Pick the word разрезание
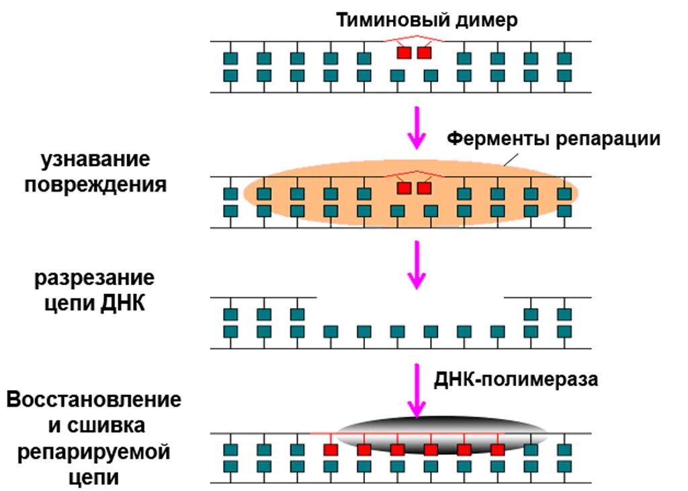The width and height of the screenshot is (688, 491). point(95,278)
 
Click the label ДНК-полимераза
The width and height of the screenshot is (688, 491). point(515,379)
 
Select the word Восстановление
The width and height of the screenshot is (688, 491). point(94,400)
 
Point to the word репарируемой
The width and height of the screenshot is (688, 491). point(94,452)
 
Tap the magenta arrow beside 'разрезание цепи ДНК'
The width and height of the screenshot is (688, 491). point(417,264)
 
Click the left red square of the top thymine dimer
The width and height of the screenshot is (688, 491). point(404,52)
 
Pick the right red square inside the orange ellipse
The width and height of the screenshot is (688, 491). point(424,188)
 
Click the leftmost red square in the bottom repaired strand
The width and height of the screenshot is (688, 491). point(330,449)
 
